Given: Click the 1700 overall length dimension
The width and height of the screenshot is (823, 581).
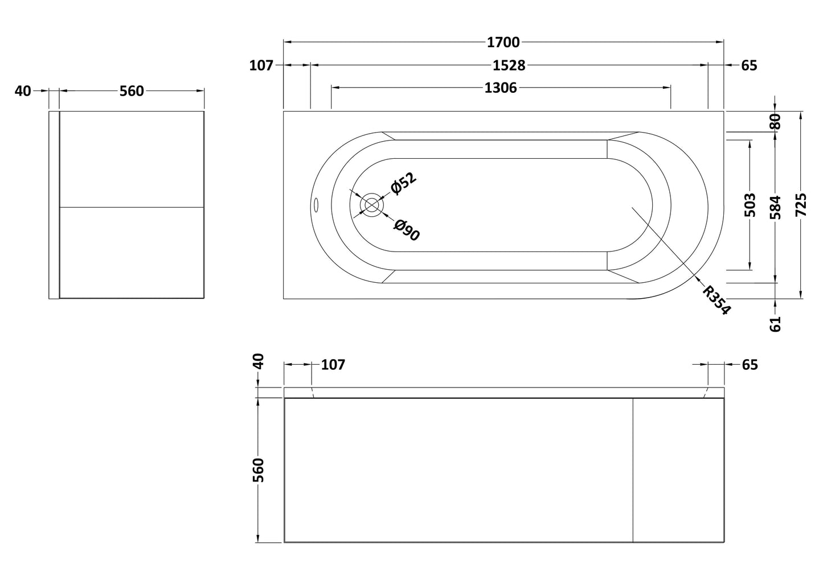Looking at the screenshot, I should [x=503, y=42].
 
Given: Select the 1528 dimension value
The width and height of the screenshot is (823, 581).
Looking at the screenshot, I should [x=509, y=65].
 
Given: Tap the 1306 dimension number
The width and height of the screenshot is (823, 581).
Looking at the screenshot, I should [x=500, y=88].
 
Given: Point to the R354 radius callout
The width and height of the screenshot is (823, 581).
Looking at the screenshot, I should [x=716, y=300].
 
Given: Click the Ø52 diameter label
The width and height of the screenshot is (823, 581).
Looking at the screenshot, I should [x=403, y=183].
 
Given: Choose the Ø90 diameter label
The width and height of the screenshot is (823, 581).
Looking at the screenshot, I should [x=407, y=230].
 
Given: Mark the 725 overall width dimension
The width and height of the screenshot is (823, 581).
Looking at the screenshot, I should [x=801, y=205].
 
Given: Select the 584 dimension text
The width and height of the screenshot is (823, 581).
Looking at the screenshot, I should [x=775, y=207].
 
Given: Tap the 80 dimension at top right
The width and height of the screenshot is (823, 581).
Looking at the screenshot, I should [x=775, y=121].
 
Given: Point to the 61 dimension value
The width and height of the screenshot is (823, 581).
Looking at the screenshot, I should [x=775, y=324].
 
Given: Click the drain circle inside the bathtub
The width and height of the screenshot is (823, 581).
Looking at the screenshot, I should [x=371, y=205].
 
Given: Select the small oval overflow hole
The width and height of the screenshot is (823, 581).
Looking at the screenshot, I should [x=317, y=204].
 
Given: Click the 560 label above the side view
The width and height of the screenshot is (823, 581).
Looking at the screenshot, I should [x=132, y=90].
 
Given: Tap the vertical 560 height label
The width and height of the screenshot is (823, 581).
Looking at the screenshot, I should [x=259, y=469].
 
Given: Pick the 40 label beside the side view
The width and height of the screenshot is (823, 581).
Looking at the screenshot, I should [x=23, y=90].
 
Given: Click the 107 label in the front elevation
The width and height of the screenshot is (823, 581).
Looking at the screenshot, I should [x=333, y=365].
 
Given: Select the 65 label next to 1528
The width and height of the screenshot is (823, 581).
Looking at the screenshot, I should [x=749, y=65].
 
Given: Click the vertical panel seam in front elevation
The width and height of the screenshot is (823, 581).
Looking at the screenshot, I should [x=633, y=469].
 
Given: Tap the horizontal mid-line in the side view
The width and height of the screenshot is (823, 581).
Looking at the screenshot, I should [x=132, y=207].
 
